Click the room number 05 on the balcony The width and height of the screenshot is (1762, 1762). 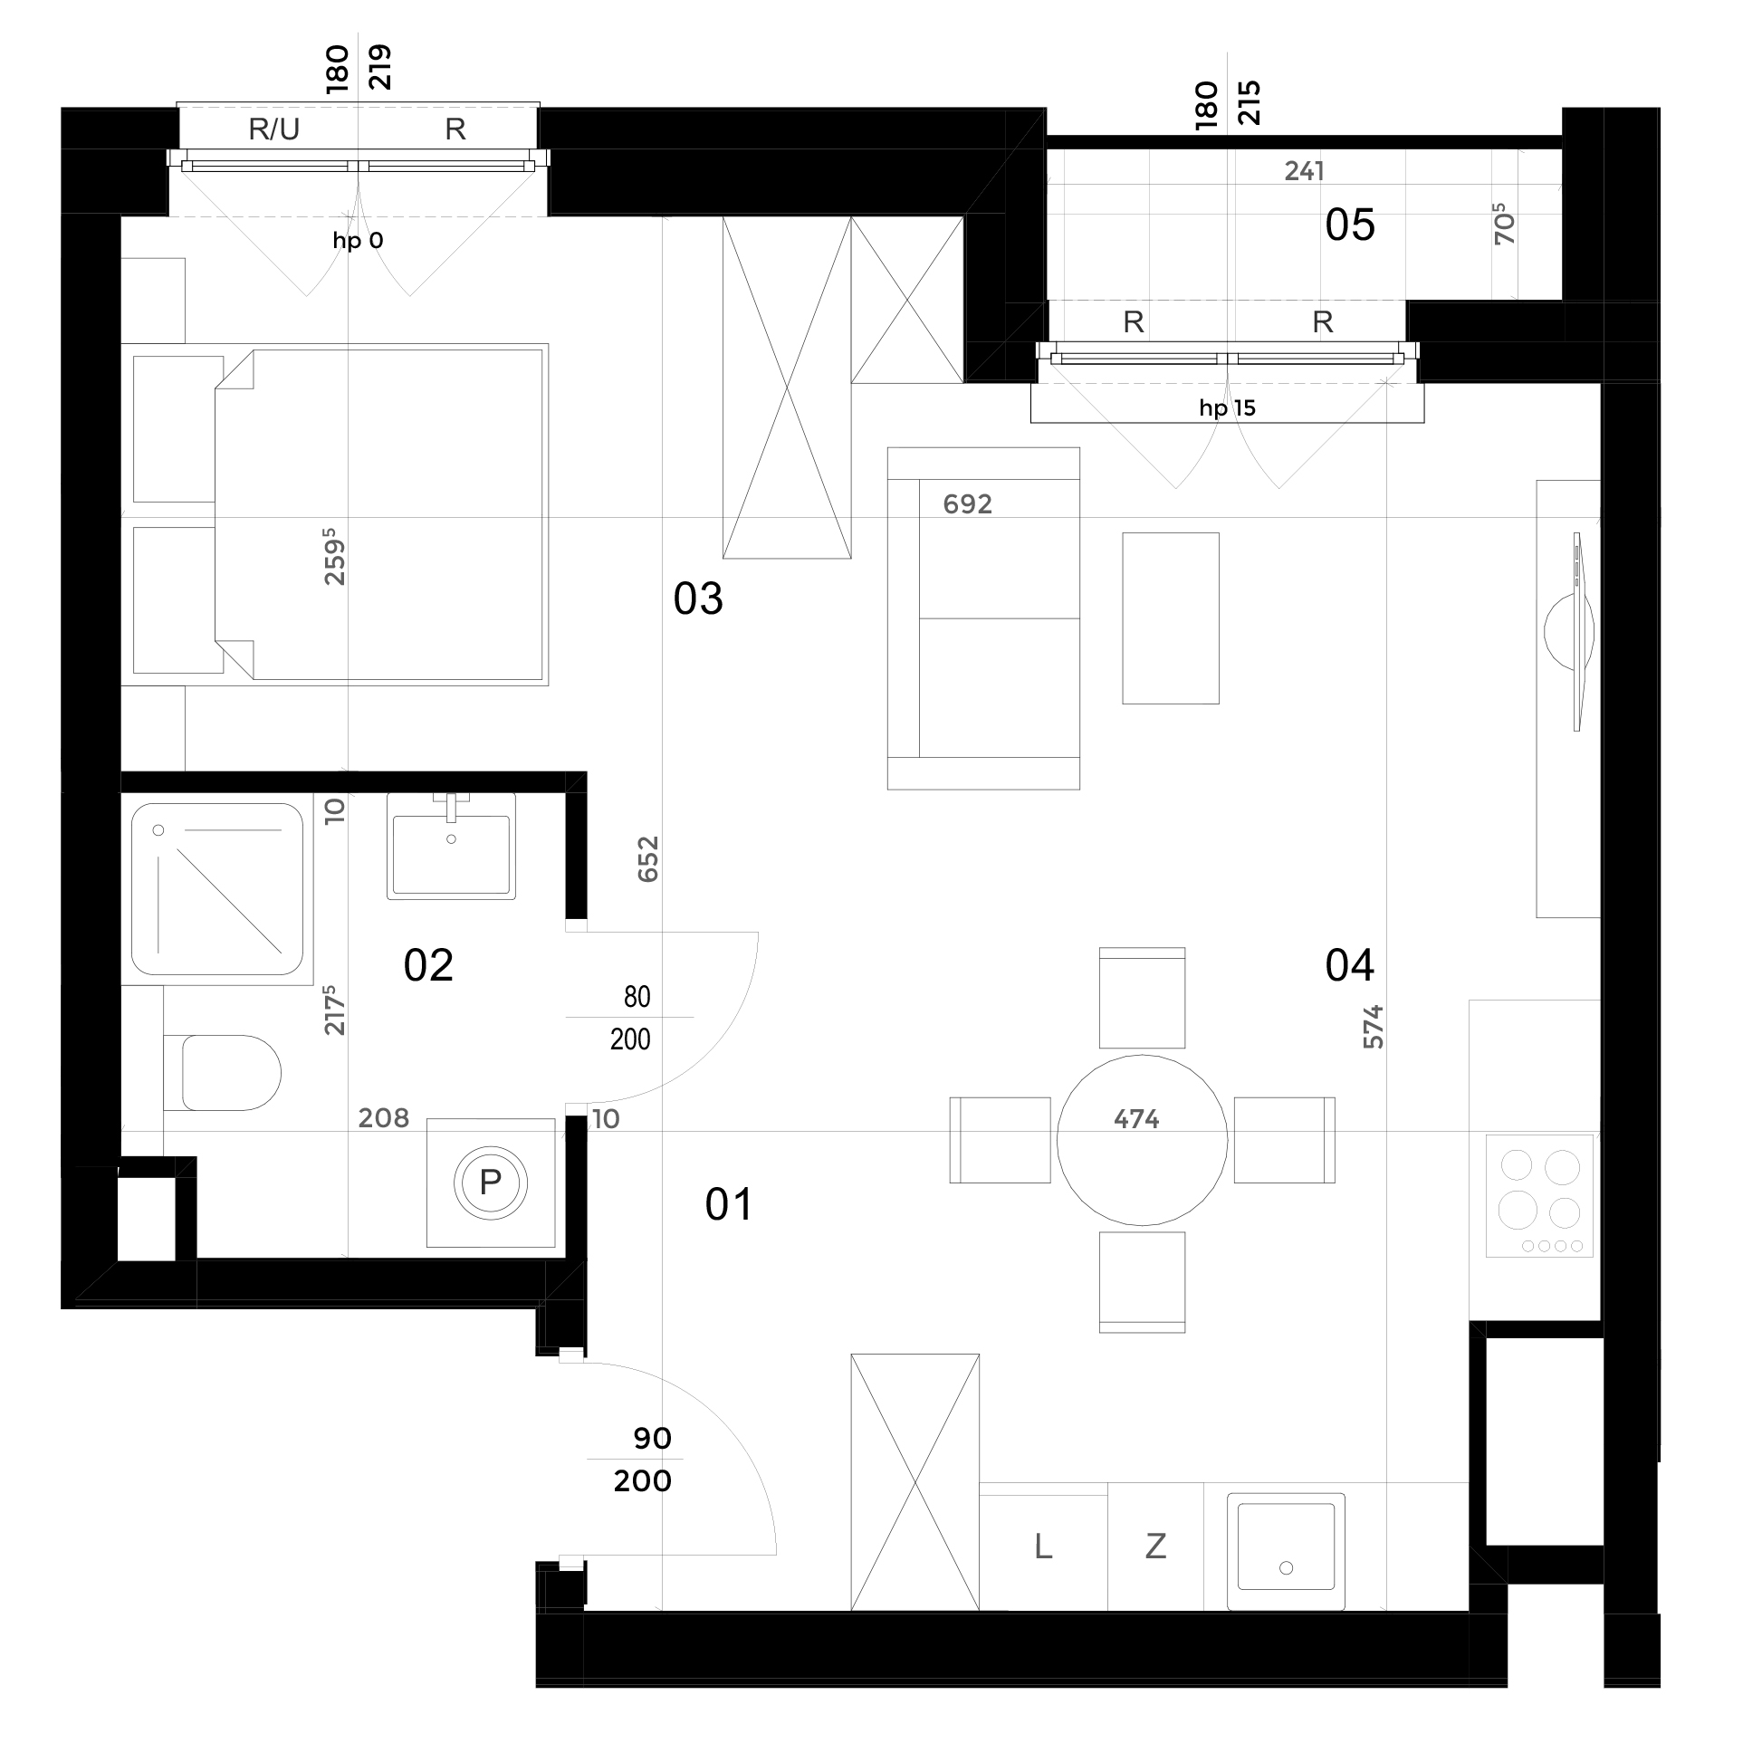(1350, 225)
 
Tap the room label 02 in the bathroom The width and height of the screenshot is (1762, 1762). (427, 966)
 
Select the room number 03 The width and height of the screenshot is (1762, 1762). (698, 599)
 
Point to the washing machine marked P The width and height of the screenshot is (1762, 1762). (491, 1183)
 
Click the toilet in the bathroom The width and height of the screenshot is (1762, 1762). (223, 1073)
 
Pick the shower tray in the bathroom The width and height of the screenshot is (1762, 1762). (217, 889)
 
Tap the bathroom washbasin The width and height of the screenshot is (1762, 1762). (452, 847)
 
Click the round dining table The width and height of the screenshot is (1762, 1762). (1142, 1140)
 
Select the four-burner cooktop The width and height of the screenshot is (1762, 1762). (1539, 1195)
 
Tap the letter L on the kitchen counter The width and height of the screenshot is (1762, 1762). (1043, 1546)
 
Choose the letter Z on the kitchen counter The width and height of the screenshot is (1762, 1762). (1155, 1546)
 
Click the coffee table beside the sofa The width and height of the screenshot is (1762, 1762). (1171, 618)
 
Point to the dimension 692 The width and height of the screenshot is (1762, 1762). (968, 504)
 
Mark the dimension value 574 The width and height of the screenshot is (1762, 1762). (1374, 1026)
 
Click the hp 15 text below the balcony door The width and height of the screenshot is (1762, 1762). (1228, 407)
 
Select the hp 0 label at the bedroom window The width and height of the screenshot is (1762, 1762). (358, 241)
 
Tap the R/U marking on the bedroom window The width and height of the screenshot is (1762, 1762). (273, 129)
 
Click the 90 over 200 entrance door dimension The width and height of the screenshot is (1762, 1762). (643, 1460)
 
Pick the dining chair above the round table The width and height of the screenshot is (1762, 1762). (1142, 998)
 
